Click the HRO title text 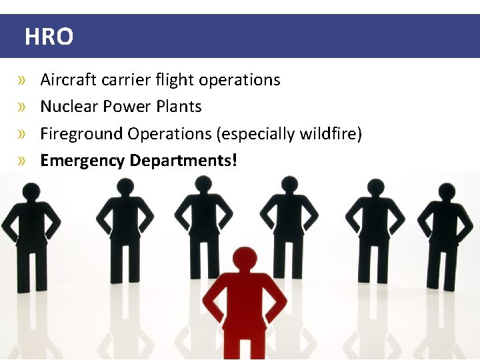tap(49, 37)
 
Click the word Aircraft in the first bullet tap(69, 80)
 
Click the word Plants tap(179, 107)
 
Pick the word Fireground tap(82, 134)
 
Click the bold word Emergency tap(83, 161)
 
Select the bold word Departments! tap(183, 161)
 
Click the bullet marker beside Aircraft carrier tap(23, 81)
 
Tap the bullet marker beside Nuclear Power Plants tap(23, 107)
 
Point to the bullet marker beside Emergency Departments tap(23, 161)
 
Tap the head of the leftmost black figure tap(31, 192)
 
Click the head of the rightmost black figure tap(447, 191)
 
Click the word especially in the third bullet tap(259, 134)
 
